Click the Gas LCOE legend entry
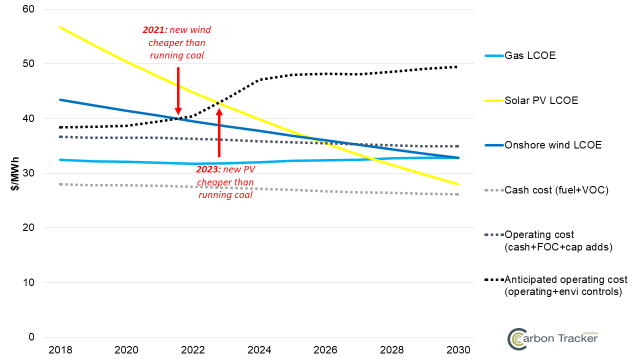point(530,55)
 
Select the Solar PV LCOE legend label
point(541,100)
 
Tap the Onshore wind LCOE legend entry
point(553,145)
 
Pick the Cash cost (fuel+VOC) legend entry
point(556,190)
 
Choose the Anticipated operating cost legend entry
point(565,285)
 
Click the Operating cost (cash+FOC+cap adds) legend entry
point(558,240)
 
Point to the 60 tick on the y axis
point(28,9)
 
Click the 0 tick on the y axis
point(31,337)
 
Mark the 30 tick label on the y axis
point(28,173)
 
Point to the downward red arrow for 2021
point(178,90)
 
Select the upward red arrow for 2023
point(219,133)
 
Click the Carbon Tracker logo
point(552,338)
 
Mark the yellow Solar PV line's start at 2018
point(60,27)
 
